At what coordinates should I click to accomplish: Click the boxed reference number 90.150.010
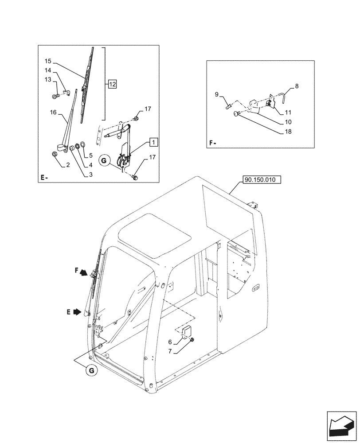click(262, 180)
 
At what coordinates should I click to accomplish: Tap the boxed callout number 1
click(153, 142)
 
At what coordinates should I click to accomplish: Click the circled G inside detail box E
click(104, 161)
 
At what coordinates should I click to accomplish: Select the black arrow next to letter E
click(77, 312)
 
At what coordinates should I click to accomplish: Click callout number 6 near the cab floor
click(169, 342)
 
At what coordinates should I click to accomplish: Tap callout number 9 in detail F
click(217, 94)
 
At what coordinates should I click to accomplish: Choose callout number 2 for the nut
click(67, 165)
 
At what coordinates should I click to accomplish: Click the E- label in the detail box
click(44, 178)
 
